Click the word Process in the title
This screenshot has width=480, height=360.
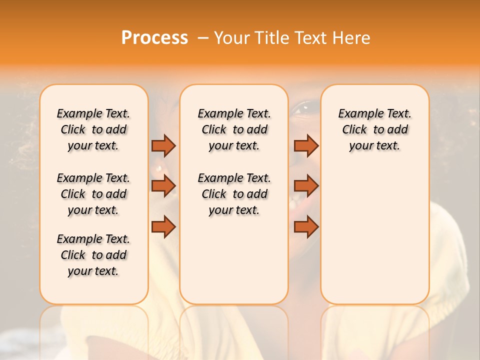154,38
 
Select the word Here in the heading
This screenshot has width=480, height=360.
351,38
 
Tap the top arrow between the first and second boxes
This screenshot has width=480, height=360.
163,145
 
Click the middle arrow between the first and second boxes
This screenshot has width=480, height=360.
163,186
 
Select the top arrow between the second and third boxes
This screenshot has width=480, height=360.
306,145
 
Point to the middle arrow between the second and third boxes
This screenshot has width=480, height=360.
306,186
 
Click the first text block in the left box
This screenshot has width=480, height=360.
93,129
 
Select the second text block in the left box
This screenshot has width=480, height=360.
93,194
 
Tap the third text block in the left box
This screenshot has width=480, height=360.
93,255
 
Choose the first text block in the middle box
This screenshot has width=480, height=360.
234,129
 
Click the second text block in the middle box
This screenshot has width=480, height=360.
234,194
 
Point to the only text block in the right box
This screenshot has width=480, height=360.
374,129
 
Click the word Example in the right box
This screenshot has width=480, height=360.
356,113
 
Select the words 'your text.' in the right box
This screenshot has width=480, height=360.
374,145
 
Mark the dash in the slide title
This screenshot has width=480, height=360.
203,38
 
